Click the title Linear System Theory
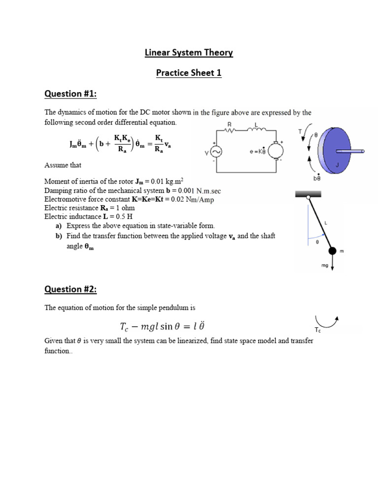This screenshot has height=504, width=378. [189, 53]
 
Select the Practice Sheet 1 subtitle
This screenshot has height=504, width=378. [189, 73]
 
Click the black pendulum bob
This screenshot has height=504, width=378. [333, 251]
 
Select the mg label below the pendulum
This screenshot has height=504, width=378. [325, 265]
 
